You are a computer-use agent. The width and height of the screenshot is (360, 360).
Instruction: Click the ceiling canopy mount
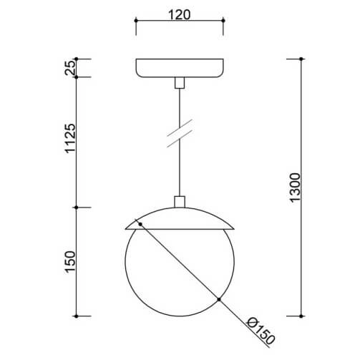[180, 68]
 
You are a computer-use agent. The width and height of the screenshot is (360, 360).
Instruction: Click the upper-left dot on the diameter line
[141, 225]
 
